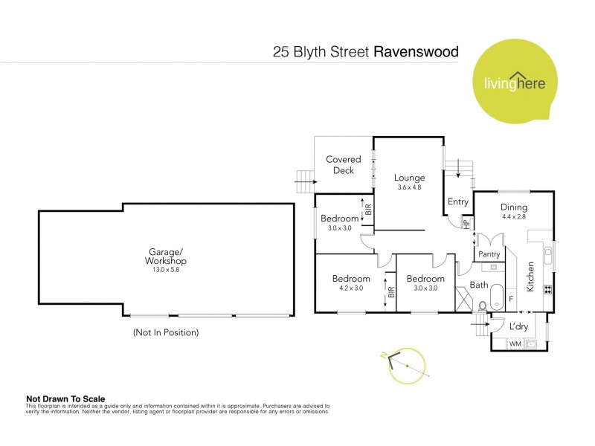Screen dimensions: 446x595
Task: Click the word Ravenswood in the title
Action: coord(416,53)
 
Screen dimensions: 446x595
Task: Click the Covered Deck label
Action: coord(343,164)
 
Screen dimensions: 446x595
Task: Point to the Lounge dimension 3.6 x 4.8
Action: coord(409,187)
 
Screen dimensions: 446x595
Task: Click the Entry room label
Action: coord(457,201)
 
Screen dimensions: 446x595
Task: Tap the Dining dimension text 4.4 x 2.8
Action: coord(513,218)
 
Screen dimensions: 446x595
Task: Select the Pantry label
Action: coord(489,254)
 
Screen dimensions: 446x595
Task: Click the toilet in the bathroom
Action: coord(483,305)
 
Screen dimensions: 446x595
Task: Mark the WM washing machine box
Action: coord(515,344)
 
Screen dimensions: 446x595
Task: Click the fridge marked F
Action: coord(511,299)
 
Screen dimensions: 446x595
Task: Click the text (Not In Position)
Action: coord(165,332)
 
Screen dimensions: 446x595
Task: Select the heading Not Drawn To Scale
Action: coord(65,398)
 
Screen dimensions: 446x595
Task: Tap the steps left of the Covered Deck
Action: coord(303,181)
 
